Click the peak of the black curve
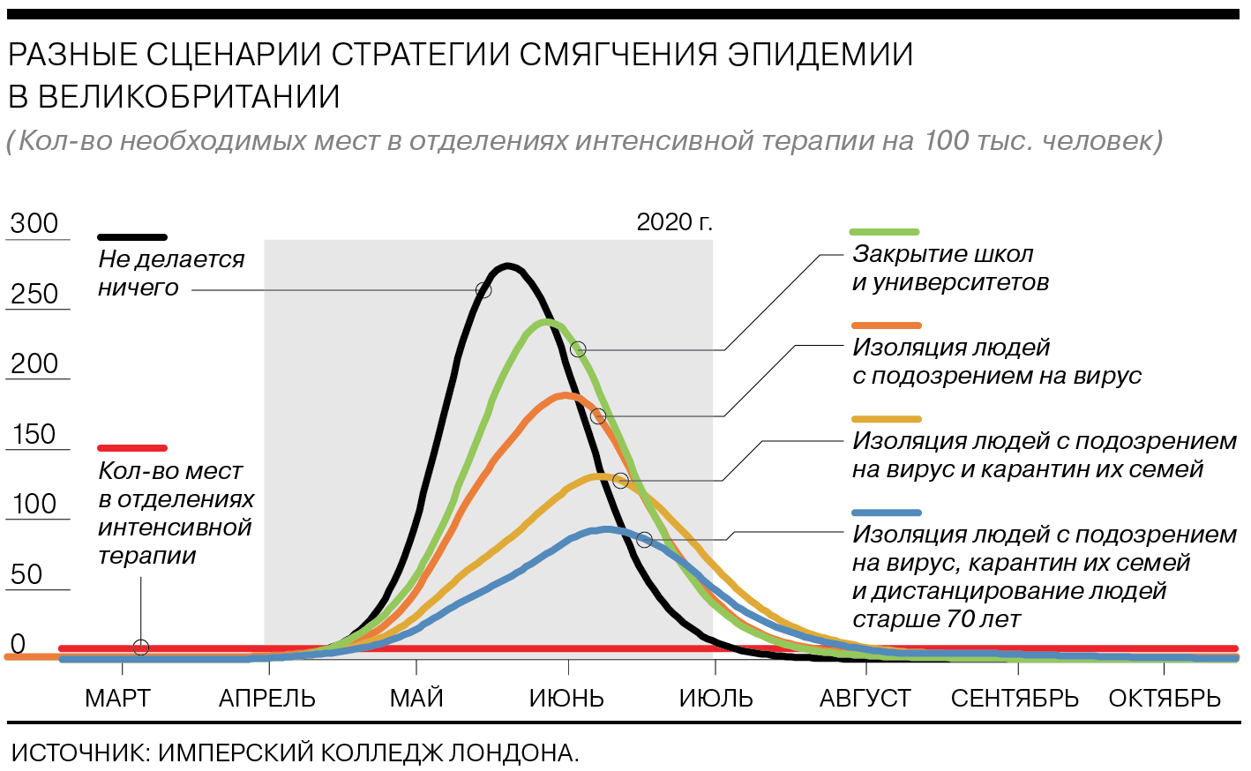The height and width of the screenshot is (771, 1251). click(x=507, y=266)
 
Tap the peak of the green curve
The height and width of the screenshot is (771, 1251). click(x=547, y=322)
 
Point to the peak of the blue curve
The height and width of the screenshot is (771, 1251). click(x=606, y=529)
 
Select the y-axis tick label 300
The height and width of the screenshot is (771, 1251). click(x=34, y=223)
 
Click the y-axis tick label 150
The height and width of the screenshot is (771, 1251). click(x=34, y=434)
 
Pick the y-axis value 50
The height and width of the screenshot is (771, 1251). click(x=26, y=574)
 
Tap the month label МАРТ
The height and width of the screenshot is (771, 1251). click(x=118, y=699)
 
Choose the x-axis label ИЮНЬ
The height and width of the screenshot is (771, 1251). click(x=567, y=699)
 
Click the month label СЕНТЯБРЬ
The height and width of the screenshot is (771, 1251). click(x=1015, y=699)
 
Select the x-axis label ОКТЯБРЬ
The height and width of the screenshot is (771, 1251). click(x=1165, y=699)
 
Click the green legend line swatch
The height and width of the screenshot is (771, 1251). click(x=885, y=232)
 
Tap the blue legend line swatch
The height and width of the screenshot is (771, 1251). click(x=887, y=513)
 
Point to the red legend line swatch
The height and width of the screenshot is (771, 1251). click(x=132, y=448)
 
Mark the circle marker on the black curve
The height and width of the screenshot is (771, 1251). click(x=483, y=289)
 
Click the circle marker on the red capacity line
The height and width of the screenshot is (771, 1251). click(x=141, y=647)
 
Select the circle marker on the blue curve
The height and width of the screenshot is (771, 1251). click(x=645, y=540)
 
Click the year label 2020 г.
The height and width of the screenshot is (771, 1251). click(x=675, y=223)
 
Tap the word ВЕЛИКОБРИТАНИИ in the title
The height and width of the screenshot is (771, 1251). click(x=190, y=96)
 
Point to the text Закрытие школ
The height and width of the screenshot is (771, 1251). click(x=943, y=255)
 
